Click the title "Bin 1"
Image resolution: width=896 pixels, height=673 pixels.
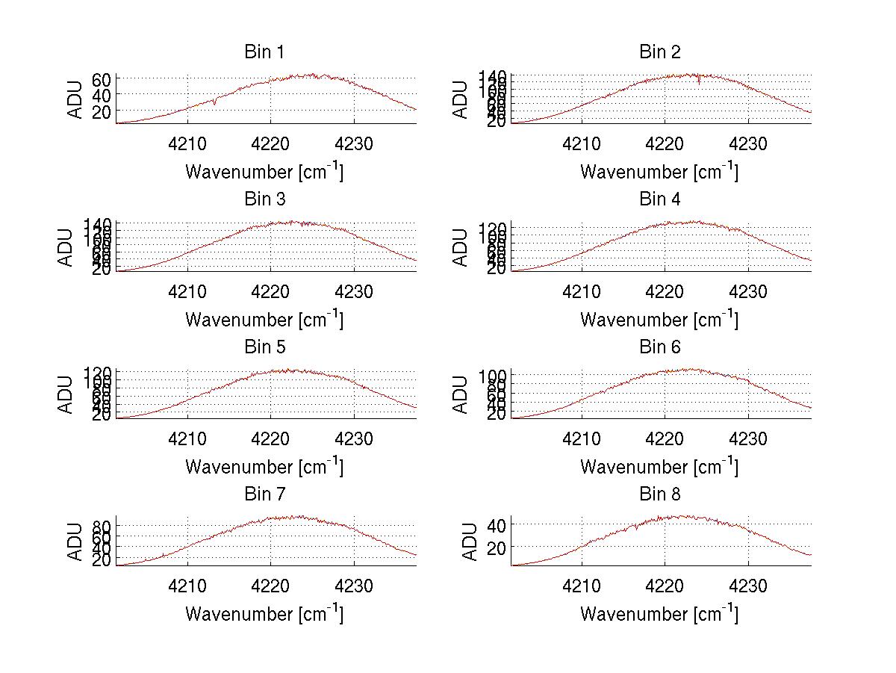coord(264,52)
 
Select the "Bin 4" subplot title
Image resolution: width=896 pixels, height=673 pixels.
coord(660,199)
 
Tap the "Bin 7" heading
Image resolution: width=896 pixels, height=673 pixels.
coord(264,494)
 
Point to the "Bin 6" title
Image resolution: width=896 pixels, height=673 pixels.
coord(660,347)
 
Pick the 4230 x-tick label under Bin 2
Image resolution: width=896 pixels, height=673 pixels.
coord(748,144)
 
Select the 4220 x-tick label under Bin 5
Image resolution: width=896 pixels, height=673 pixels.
coord(270,439)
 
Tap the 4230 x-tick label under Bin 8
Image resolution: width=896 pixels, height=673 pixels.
coord(748,586)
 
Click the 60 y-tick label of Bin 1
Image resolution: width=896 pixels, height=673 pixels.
coord(102,78)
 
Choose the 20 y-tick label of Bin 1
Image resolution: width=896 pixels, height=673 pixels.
coord(102,111)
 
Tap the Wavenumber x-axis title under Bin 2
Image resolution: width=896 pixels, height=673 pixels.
coord(659,172)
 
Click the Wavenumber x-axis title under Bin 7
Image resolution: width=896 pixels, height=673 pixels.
coord(264,614)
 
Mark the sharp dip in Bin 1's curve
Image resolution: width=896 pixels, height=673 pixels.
coord(215,103)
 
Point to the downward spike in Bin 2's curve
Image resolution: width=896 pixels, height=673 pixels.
coord(699,82)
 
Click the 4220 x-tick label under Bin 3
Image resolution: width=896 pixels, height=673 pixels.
coord(270,292)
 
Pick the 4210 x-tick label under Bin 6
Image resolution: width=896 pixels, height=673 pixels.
coord(582,439)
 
